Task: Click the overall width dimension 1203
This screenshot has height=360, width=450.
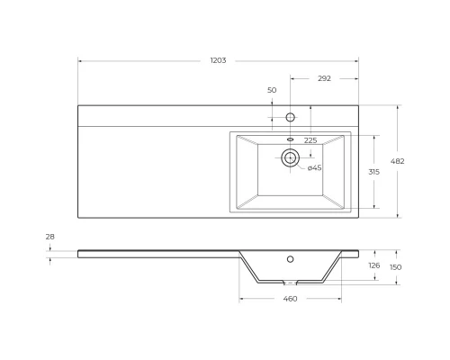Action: pyautogui.click(x=218, y=60)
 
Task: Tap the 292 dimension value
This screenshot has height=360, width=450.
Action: pyautogui.click(x=324, y=78)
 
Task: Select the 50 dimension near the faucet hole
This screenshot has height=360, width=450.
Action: pyautogui.click(x=272, y=90)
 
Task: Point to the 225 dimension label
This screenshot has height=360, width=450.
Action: pyautogui.click(x=310, y=140)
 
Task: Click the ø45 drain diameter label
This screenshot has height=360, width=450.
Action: pyautogui.click(x=314, y=168)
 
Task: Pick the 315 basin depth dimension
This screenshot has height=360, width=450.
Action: pyautogui.click(x=373, y=171)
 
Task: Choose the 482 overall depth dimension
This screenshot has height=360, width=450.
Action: pyautogui.click(x=399, y=161)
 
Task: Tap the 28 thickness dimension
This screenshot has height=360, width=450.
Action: pyautogui.click(x=49, y=237)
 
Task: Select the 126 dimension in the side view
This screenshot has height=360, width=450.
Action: pyautogui.click(x=373, y=265)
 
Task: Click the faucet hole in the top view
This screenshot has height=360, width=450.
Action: pyautogui.click(x=290, y=117)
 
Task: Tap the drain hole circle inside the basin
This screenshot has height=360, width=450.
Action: pyautogui.click(x=289, y=158)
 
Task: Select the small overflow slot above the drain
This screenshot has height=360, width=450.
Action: pyautogui.click(x=290, y=139)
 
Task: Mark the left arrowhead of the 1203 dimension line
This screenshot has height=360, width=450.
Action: pyautogui.click(x=80, y=61)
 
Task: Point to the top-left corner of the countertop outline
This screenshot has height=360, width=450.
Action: pyautogui.click(x=78, y=105)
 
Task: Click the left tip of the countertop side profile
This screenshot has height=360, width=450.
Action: pyautogui.click(x=78, y=252)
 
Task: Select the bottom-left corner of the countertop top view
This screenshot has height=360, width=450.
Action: pyautogui.click(x=78, y=217)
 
